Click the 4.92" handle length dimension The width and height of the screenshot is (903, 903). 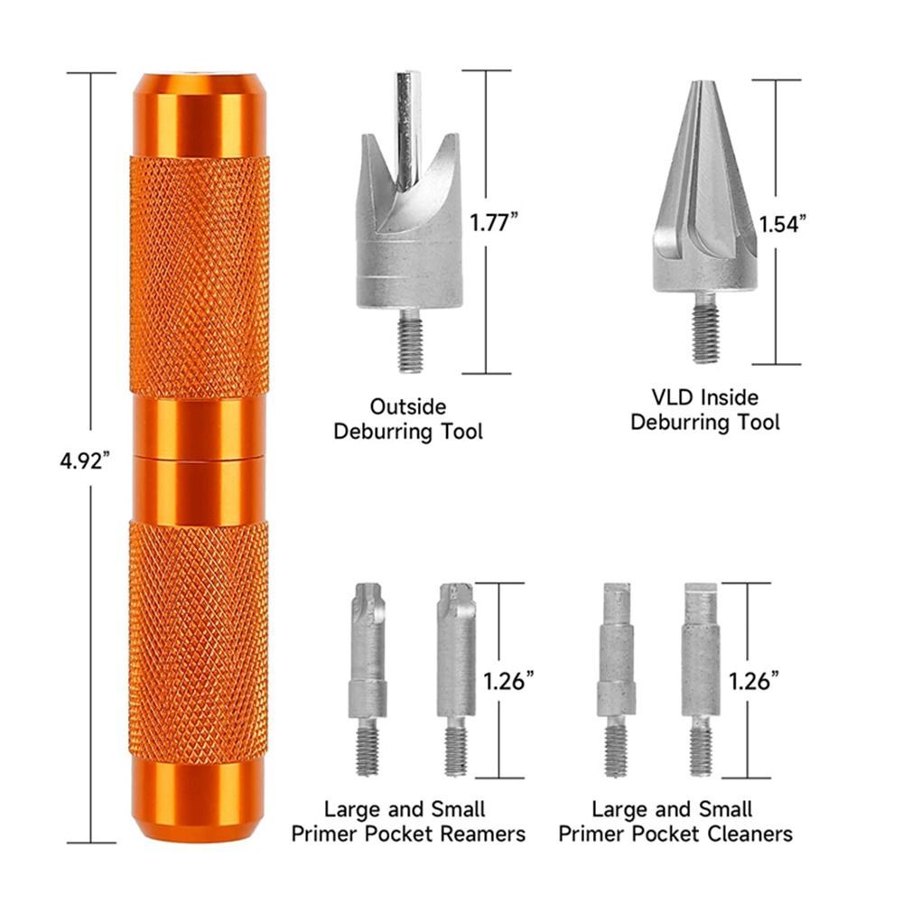[x=85, y=458]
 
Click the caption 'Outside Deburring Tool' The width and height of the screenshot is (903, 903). [x=408, y=420]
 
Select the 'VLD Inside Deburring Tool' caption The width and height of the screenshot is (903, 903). [x=705, y=409]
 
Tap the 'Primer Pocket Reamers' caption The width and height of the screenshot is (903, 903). [x=408, y=821]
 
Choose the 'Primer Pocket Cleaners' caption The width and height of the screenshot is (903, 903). [x=675, y=821]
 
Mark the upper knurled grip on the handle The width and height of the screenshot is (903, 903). [x=200, y=275]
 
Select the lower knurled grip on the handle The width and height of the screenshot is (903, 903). [x=199, y=641]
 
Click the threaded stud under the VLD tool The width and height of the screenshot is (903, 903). [x=705, y=330]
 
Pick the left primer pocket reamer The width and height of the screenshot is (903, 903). [x=368, y=677]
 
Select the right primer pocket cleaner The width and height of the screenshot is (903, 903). [x=701, y=677]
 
